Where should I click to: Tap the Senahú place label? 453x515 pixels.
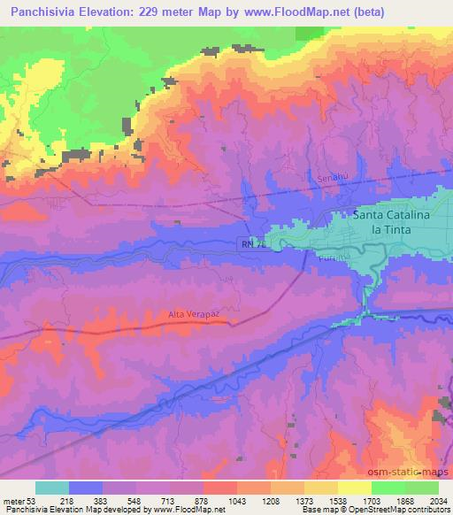tap(330, 180)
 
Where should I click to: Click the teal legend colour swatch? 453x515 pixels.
tap(52, 488)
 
